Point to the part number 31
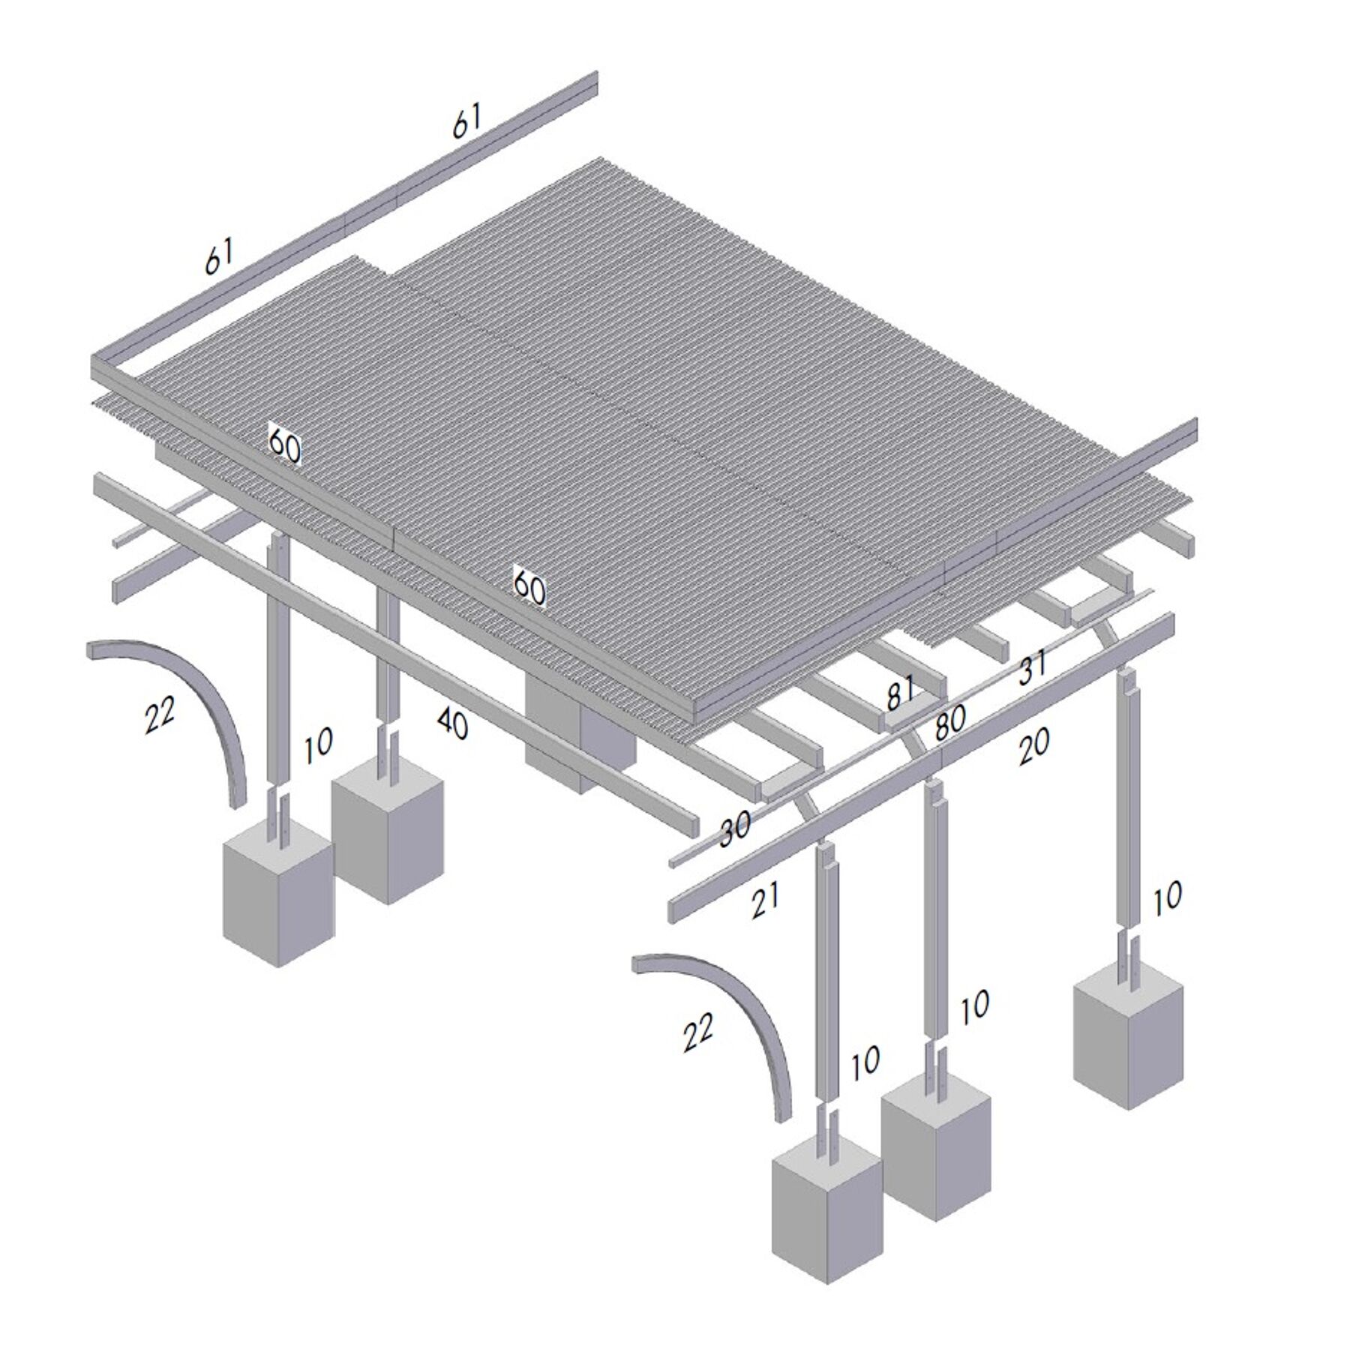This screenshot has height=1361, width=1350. click(1033, 667)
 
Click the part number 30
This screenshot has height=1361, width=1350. click(735, 829)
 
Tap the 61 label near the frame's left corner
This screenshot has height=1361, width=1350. click(219, 256)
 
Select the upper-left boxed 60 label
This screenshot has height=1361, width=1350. click(284, 445)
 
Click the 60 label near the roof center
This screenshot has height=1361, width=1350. click(529, 586)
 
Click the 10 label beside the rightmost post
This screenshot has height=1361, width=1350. click(1166, 898)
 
